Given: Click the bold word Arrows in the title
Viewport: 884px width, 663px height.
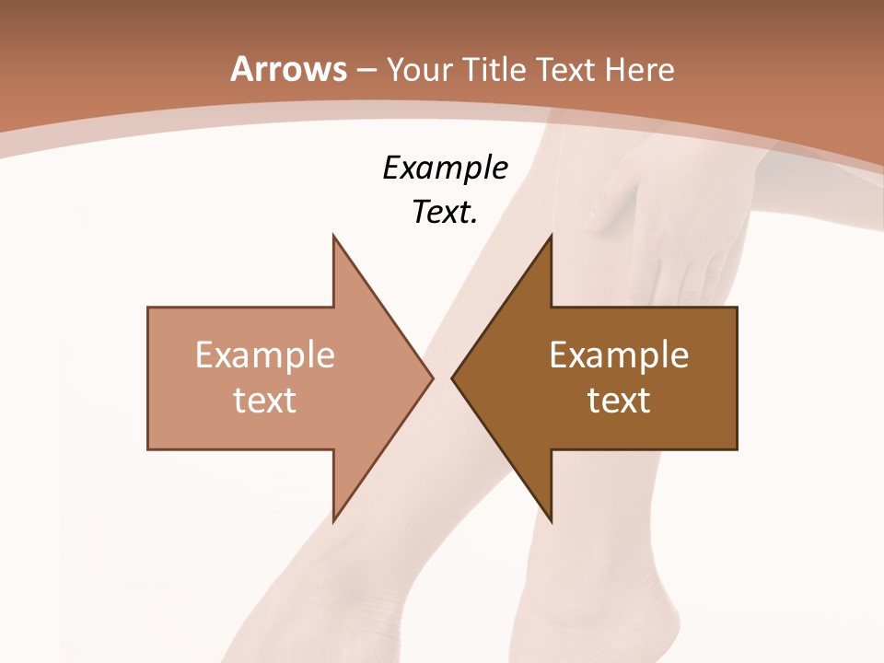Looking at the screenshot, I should (289, 69).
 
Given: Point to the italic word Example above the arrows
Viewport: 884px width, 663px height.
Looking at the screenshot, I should (445, 168).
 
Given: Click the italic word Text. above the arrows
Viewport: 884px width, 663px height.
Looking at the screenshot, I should (445, 213).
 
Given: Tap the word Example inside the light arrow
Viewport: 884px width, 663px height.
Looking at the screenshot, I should (265, 355).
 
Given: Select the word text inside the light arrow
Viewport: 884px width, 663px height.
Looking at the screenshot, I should (265, 400).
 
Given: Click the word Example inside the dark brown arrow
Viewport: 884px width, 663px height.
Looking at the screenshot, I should (619, 355).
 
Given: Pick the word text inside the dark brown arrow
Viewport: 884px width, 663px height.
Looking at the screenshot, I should (619, 400).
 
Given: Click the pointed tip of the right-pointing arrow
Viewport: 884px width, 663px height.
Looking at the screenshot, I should (433, 378).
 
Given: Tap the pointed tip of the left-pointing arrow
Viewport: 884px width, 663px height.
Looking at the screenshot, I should (451, 378).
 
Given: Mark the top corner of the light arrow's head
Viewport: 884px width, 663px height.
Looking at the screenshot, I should (333, 236).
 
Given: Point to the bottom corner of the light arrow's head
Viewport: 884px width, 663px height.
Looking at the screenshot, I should (333, 521).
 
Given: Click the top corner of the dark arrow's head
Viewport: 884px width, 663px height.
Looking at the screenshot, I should (551, 236).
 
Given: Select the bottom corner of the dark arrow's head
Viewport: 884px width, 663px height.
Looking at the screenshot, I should (551, 521).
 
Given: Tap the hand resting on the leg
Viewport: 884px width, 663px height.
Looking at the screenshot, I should (645, 230).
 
